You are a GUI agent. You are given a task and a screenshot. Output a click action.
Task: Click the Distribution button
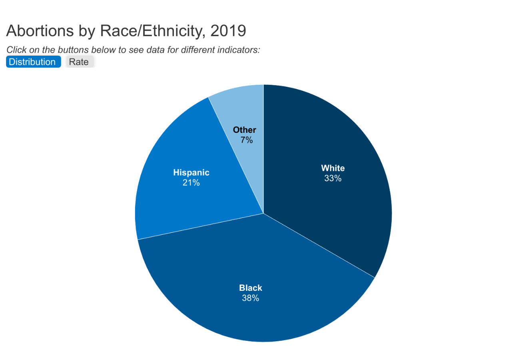tap(32, 62)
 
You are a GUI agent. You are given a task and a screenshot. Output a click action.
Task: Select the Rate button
tap(79, 62)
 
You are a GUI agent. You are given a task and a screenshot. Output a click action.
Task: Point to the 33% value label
tap(333, 178)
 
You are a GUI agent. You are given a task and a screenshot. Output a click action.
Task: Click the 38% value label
tap(251, 298)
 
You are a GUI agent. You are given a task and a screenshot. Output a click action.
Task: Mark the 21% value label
tap(191, 183)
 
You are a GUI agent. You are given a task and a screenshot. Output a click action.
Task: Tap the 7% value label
tap(247, 140)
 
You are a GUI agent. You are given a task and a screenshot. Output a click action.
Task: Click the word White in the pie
tap(333, 168)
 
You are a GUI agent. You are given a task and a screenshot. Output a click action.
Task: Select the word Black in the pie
tap(251, 288)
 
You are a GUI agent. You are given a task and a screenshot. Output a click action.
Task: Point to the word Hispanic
tap(191, 173)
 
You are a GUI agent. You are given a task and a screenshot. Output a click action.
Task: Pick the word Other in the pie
tap(245, 130)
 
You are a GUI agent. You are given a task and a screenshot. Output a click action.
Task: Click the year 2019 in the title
tap(228, 31)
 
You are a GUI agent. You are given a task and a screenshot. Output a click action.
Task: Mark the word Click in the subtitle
tap(16, 50)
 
